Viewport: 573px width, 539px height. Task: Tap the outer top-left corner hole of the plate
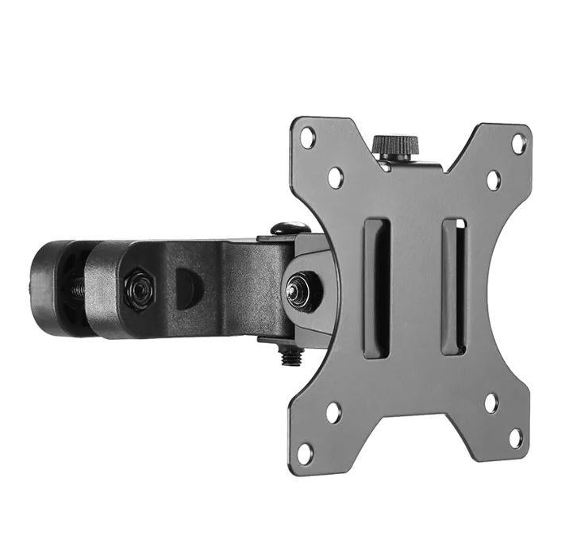307,137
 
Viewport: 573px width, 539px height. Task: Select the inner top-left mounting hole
336,176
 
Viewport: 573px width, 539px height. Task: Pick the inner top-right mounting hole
493,180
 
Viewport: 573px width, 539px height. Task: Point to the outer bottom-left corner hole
305,453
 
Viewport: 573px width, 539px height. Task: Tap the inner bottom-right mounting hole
492,402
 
